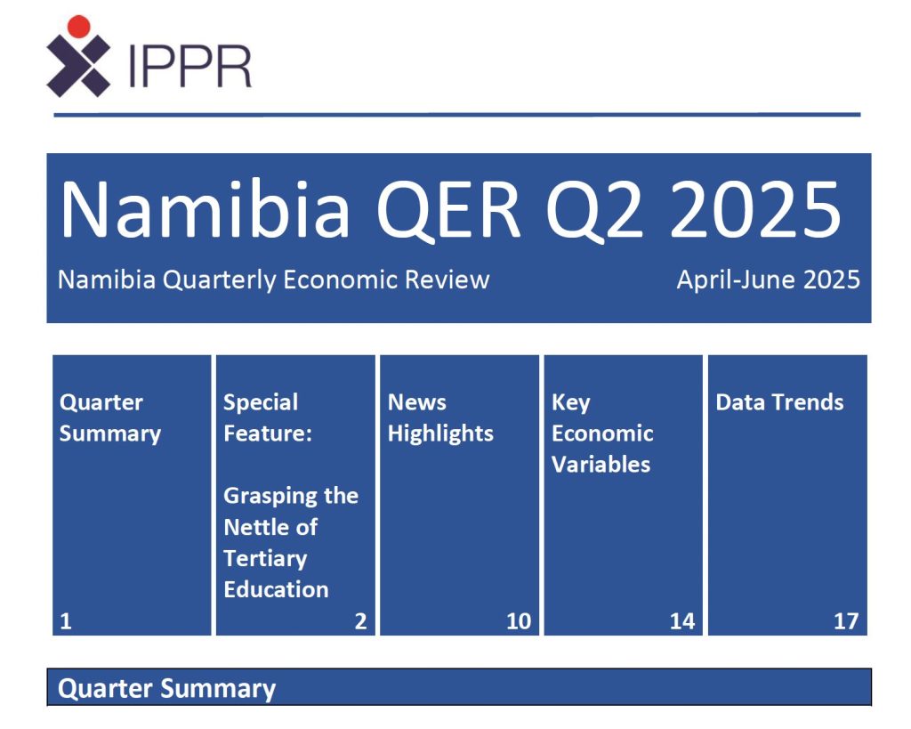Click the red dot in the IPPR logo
click(78, 27)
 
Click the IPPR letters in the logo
click(189, 66)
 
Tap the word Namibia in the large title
click(206, 209)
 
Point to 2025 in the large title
click(756, 209)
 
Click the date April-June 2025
click(768, 279)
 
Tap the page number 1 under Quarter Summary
click(66, 621)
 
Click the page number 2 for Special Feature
click(361, 621)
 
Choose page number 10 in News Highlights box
click(519, 621)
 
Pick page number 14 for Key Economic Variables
click(682, 621)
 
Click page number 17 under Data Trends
click(846, 621)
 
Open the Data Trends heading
click(779, 402)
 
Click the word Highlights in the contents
click(440, 433)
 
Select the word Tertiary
click(265, 559)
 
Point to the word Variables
click(601, 465)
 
